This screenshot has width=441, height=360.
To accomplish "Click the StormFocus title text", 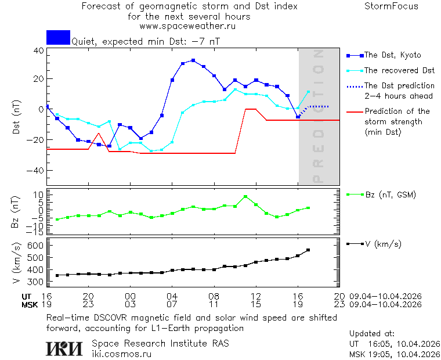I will pos(391,6).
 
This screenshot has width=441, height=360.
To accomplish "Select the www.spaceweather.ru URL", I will pos(187,26).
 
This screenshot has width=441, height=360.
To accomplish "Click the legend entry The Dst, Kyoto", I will pos(392,55).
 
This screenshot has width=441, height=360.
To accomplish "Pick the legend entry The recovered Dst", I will pos(399,70).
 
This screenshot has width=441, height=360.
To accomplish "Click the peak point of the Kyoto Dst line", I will pos(193,60).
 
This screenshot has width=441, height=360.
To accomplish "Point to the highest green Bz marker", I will pos(245,197).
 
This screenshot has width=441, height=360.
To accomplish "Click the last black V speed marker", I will pos(308,250).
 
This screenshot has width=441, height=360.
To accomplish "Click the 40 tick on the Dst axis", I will pos(38,51).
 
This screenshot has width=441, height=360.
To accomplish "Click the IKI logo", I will pos(65,348).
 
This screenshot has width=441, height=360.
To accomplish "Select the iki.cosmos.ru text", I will pos(121,353).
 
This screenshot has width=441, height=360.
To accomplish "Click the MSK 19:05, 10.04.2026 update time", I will pos(395,354).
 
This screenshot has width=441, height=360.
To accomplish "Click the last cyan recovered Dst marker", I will pos(308,92).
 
